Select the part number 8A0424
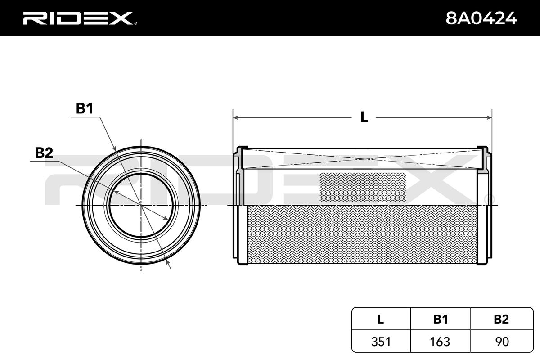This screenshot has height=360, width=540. (481, 18)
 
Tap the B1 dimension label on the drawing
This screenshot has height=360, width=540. (85, 108)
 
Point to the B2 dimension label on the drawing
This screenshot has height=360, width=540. (44, 153)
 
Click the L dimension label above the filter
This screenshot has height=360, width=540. (364, 117)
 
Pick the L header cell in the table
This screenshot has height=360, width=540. (381, 319)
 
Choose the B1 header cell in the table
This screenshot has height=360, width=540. (441, 319)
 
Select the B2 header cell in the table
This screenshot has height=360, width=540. (502, 319)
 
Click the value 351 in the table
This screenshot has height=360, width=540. (381, 342)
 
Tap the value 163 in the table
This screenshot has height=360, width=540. (440, 342)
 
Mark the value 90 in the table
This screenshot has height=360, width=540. (502, 342)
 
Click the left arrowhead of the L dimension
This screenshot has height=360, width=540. (236, 117)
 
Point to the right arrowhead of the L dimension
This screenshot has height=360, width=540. (489, 117)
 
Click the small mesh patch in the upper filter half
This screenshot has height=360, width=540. (363, 187)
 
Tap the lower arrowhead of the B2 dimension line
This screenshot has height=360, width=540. (166, 218)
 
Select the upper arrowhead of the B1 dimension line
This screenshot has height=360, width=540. (114, 148)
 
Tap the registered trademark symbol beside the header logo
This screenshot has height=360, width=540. (135, 23)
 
